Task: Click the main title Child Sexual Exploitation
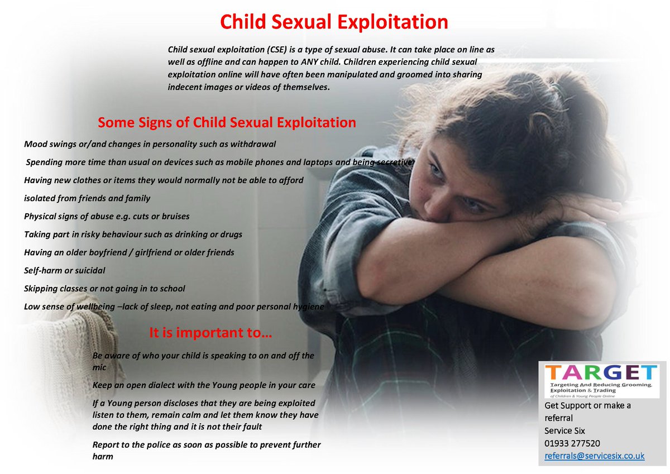pyautogui.click(x=334, y=22)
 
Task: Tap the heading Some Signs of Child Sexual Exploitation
pyautogui.click(x=227, y=122)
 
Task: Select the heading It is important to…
pyautogui.click(x=210, y=333)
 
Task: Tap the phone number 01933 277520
pyautogui.click(x=572, y=443)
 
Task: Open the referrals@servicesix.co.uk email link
pyautogui.click(x=595, y=456)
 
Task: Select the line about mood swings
pyautogui.click(x=150, y=144)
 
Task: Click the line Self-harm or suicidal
pyautogui.click(x=65, y=270)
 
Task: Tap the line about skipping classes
pyautogui.click(x=104, y=289)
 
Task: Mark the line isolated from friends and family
pyautogui.click(x=87, y=198)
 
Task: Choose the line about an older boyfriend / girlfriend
pyautogui.click(x=129, y=252)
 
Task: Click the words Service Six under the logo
pyautogui.click(x=564, y=430)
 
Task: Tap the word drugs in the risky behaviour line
pyautogui.click(x=231, y=234)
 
